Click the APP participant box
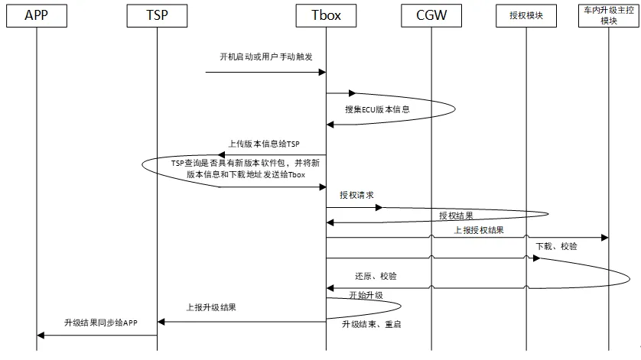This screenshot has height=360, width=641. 36,15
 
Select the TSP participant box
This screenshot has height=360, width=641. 156,15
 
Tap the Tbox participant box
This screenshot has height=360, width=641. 326,15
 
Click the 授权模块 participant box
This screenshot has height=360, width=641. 525,15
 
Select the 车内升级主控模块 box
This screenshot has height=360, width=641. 609,15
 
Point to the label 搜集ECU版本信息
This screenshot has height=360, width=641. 377,109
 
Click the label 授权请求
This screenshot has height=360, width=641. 356,195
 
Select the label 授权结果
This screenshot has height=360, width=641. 456,216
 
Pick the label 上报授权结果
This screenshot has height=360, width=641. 479,229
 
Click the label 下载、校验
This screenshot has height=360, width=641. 556,246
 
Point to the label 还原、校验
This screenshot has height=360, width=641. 376,276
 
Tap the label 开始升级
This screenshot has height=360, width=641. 366,294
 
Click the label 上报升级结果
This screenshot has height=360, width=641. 211,308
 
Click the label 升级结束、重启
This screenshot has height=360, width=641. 372,324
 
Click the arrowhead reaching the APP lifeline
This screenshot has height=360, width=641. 41,335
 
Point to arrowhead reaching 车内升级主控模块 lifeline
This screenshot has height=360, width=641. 604,238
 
